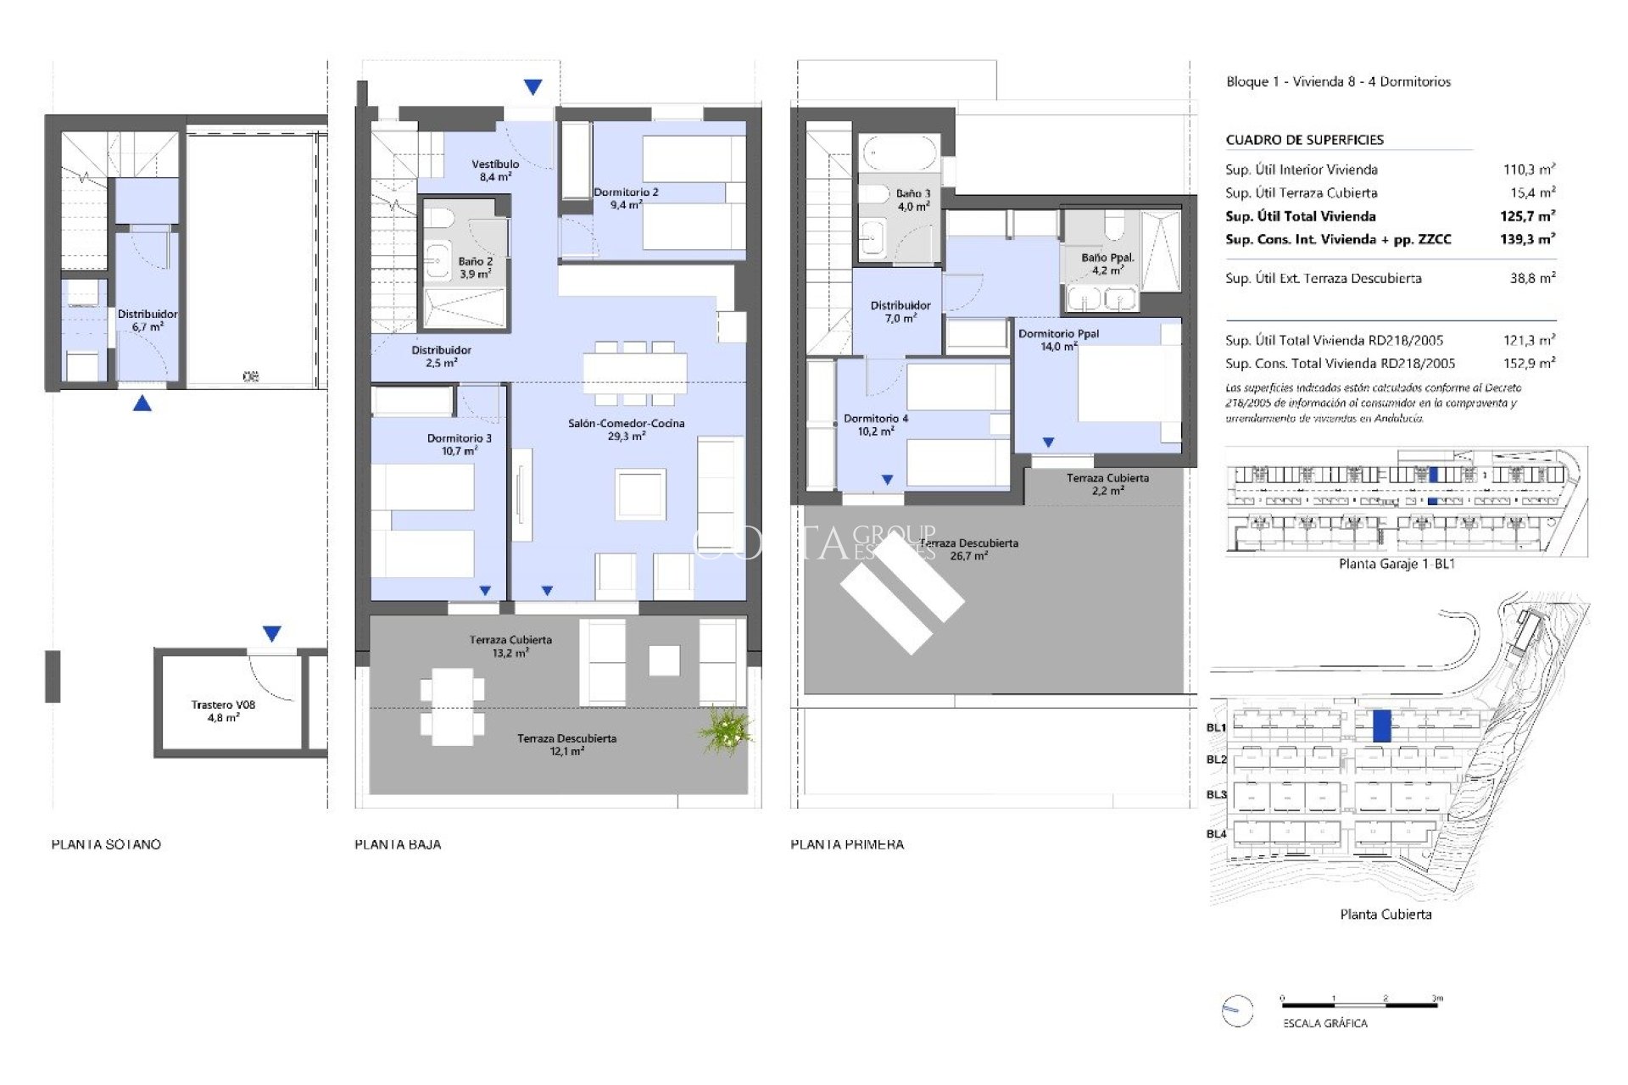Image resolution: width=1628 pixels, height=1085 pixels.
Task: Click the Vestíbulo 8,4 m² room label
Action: pos(495,170)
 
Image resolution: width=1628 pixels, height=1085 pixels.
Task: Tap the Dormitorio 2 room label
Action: pos(626,198)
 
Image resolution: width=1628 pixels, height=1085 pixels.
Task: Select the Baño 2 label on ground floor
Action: pos(475,268)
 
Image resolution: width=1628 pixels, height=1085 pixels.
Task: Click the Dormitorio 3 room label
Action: pos(459,444)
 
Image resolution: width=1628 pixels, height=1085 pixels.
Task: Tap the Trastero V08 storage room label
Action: pos(223,711)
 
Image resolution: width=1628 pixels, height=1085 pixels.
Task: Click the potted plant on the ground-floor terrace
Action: pos(725,730)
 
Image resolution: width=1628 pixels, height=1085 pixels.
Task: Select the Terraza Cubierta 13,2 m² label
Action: pos(510,646)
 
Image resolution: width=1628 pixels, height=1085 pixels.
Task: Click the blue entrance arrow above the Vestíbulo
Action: pos(532,86)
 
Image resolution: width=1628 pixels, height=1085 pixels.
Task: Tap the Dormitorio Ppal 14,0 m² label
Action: pos(1058,340)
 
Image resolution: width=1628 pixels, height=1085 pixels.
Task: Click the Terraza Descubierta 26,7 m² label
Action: pos(969,549)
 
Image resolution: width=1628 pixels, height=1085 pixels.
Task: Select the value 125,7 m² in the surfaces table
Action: pos(1527,216)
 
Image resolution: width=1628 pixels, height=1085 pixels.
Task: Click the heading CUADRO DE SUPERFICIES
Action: pos(1304,140)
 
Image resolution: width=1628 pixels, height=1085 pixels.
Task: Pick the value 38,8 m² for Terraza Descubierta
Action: pos(1532,278)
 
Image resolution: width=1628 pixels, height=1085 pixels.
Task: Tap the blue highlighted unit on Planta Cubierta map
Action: pos(1381,726)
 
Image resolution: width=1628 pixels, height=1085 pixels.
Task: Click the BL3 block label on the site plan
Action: pos(1216,795)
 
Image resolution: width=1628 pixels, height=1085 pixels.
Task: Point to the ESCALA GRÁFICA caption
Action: pos(1324,1023)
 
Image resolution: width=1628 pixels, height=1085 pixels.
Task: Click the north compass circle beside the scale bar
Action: pos(1237,1010)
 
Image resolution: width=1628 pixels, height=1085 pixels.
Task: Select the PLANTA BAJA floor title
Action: pos(398,844)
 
